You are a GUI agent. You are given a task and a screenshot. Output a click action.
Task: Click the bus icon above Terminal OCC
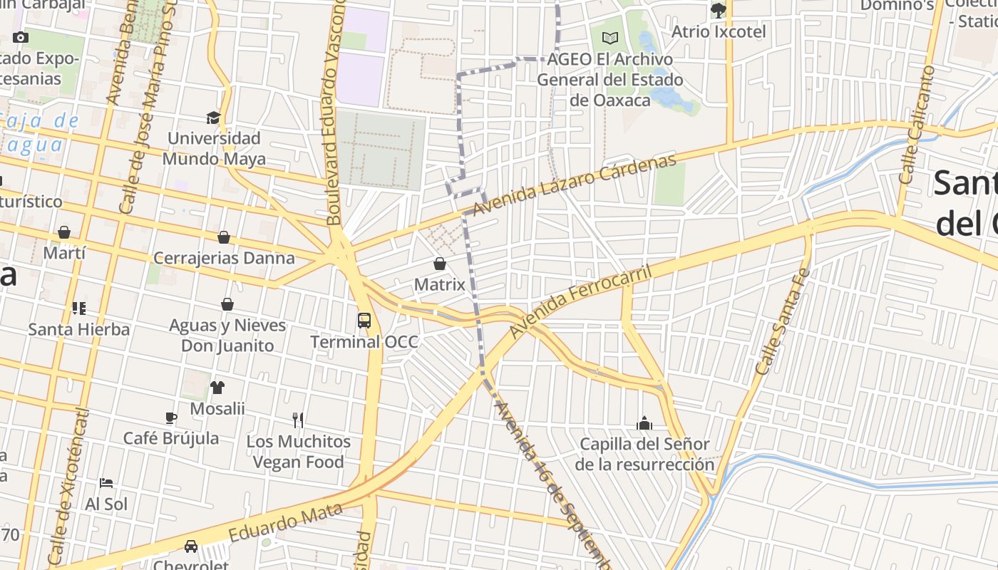pos(364,320)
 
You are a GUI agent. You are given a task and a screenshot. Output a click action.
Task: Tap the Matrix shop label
pos(440,284)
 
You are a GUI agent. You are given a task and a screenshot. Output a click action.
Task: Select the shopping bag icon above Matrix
pos(440,264)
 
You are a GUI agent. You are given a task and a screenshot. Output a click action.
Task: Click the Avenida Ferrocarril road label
pos(581,302)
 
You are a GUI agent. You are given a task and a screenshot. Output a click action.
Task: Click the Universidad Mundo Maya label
pos(214,148)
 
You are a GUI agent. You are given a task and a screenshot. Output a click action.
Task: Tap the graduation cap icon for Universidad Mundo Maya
pos(213,118)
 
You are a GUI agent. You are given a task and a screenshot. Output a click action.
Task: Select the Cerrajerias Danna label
pos(224,258)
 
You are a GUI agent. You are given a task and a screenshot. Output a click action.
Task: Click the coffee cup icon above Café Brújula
pos(171,418)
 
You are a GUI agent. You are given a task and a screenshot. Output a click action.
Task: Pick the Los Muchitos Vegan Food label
pos(299,452)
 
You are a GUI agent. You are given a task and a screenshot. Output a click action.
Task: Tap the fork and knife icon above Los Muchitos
pos(298,420)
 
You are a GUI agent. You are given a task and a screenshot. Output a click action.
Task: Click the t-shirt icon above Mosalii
pos(217,388)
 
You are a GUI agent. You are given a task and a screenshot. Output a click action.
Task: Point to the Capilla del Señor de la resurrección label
pos(644,455)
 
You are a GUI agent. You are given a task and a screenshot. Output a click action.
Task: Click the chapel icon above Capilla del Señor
pos(644,423)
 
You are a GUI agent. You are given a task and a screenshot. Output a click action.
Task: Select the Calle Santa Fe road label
pos(783,321)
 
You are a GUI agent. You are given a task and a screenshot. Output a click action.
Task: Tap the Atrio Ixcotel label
pos(719,32)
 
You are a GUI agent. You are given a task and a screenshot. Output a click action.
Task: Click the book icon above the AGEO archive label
pos(610,38)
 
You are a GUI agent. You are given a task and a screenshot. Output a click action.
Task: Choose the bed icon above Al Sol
pos(106,483)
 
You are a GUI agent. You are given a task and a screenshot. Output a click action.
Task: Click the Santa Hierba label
pos(79,329)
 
